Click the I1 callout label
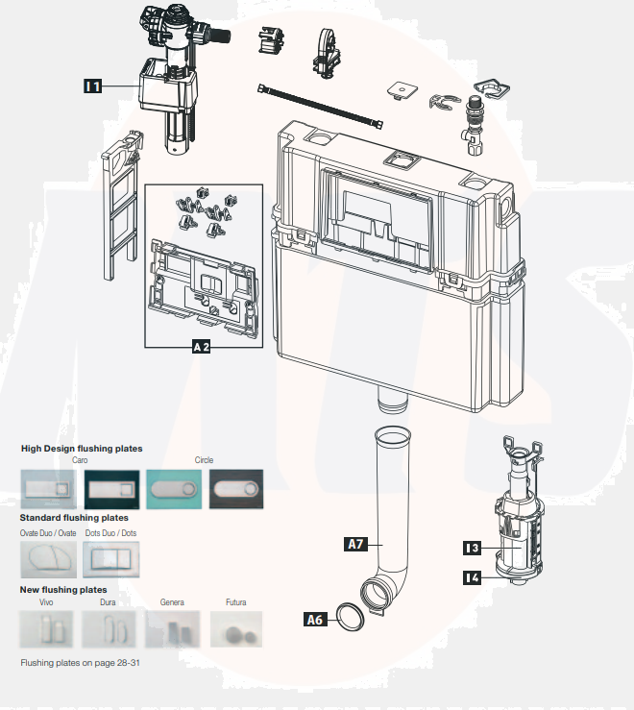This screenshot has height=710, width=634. tap(93, 86)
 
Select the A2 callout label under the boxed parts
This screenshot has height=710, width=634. tap(202, 347)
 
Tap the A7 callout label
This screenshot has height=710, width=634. tap(355, 544)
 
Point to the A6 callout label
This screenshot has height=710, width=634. tap(314, 620)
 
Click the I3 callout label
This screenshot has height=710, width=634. tap(471, 548)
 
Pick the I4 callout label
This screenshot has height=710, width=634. tap(471, 577)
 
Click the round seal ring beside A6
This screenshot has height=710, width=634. tap(351, 619)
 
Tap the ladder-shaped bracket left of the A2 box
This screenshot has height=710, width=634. tap(119, 208)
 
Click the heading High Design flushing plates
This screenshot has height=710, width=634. tap(82, 449)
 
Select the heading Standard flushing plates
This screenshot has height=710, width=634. tap(75, 518)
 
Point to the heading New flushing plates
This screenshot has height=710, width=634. tap(63, 589)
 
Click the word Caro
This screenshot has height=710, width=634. tap(81, 460)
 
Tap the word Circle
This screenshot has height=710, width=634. tap(205, 460)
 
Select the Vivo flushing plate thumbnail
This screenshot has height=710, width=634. tap(47, 631)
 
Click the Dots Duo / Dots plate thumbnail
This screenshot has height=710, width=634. tap(110, 557)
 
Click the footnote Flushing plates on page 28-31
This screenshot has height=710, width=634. tap(81, 663)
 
